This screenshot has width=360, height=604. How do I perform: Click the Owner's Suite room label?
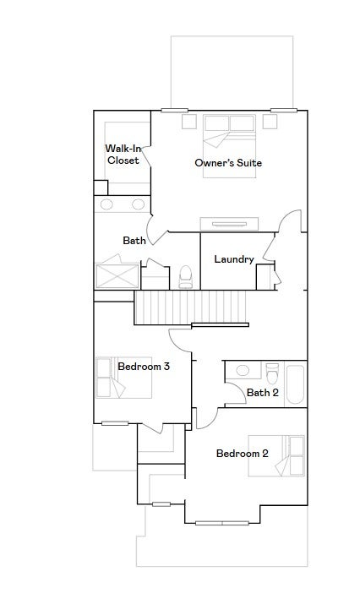click(x=228, y=163)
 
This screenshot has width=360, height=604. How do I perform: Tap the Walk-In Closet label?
click(x=123, y=155)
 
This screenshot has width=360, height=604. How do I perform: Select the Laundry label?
click(x=234, y=259)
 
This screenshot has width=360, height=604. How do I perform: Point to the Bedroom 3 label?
click(x=144, y=367)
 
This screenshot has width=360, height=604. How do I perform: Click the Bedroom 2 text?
click(x=242, y=454)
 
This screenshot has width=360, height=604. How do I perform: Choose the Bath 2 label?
click(x=263, y=393)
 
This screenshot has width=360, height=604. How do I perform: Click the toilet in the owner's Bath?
click(x=185, y=276)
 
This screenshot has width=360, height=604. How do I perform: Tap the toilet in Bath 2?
click(x=272, y=373)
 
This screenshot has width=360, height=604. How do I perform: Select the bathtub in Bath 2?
click(x=295, y=384)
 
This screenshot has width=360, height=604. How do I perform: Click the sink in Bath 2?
click(x=243, y=371)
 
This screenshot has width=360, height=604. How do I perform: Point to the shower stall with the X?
click(x=117, y=275)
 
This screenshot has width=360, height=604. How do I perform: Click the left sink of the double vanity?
click(x=106, y=204)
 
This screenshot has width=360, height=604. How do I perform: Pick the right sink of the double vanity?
click(x=138, y=204)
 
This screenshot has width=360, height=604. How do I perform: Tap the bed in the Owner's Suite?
click(x=230, y=146)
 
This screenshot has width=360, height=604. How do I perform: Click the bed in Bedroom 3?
click(x=123, y=378)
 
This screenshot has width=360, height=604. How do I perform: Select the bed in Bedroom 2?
click(x=276, y=455)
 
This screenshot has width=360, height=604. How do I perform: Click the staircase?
click(x=190, y=307)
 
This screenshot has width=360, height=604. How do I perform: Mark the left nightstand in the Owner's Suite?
click(x=189, y=121)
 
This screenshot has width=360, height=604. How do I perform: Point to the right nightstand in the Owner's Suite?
click(x=270, y=121)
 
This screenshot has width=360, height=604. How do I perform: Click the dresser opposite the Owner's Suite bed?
click(x=229, y=224)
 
